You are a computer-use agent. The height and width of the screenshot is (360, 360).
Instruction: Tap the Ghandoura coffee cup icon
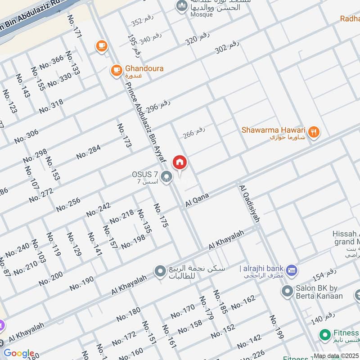[116, 70]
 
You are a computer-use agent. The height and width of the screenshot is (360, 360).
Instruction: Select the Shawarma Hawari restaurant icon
[315, 132]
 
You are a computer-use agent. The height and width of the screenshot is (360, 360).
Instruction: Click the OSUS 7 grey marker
[167, 176]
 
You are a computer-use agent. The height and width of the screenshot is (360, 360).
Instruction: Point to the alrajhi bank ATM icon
[292, 270]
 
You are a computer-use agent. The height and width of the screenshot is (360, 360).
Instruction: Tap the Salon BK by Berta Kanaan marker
[287, 291]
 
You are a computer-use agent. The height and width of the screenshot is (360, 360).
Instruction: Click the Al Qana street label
[198, 200]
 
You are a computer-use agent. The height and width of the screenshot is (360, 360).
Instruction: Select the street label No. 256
[68, 205]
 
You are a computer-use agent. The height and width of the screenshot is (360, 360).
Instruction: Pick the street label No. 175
[161, 215]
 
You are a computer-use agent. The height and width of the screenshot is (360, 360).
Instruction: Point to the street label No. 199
[276, 327]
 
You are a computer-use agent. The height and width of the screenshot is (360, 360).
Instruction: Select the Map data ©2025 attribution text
[336, 356]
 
